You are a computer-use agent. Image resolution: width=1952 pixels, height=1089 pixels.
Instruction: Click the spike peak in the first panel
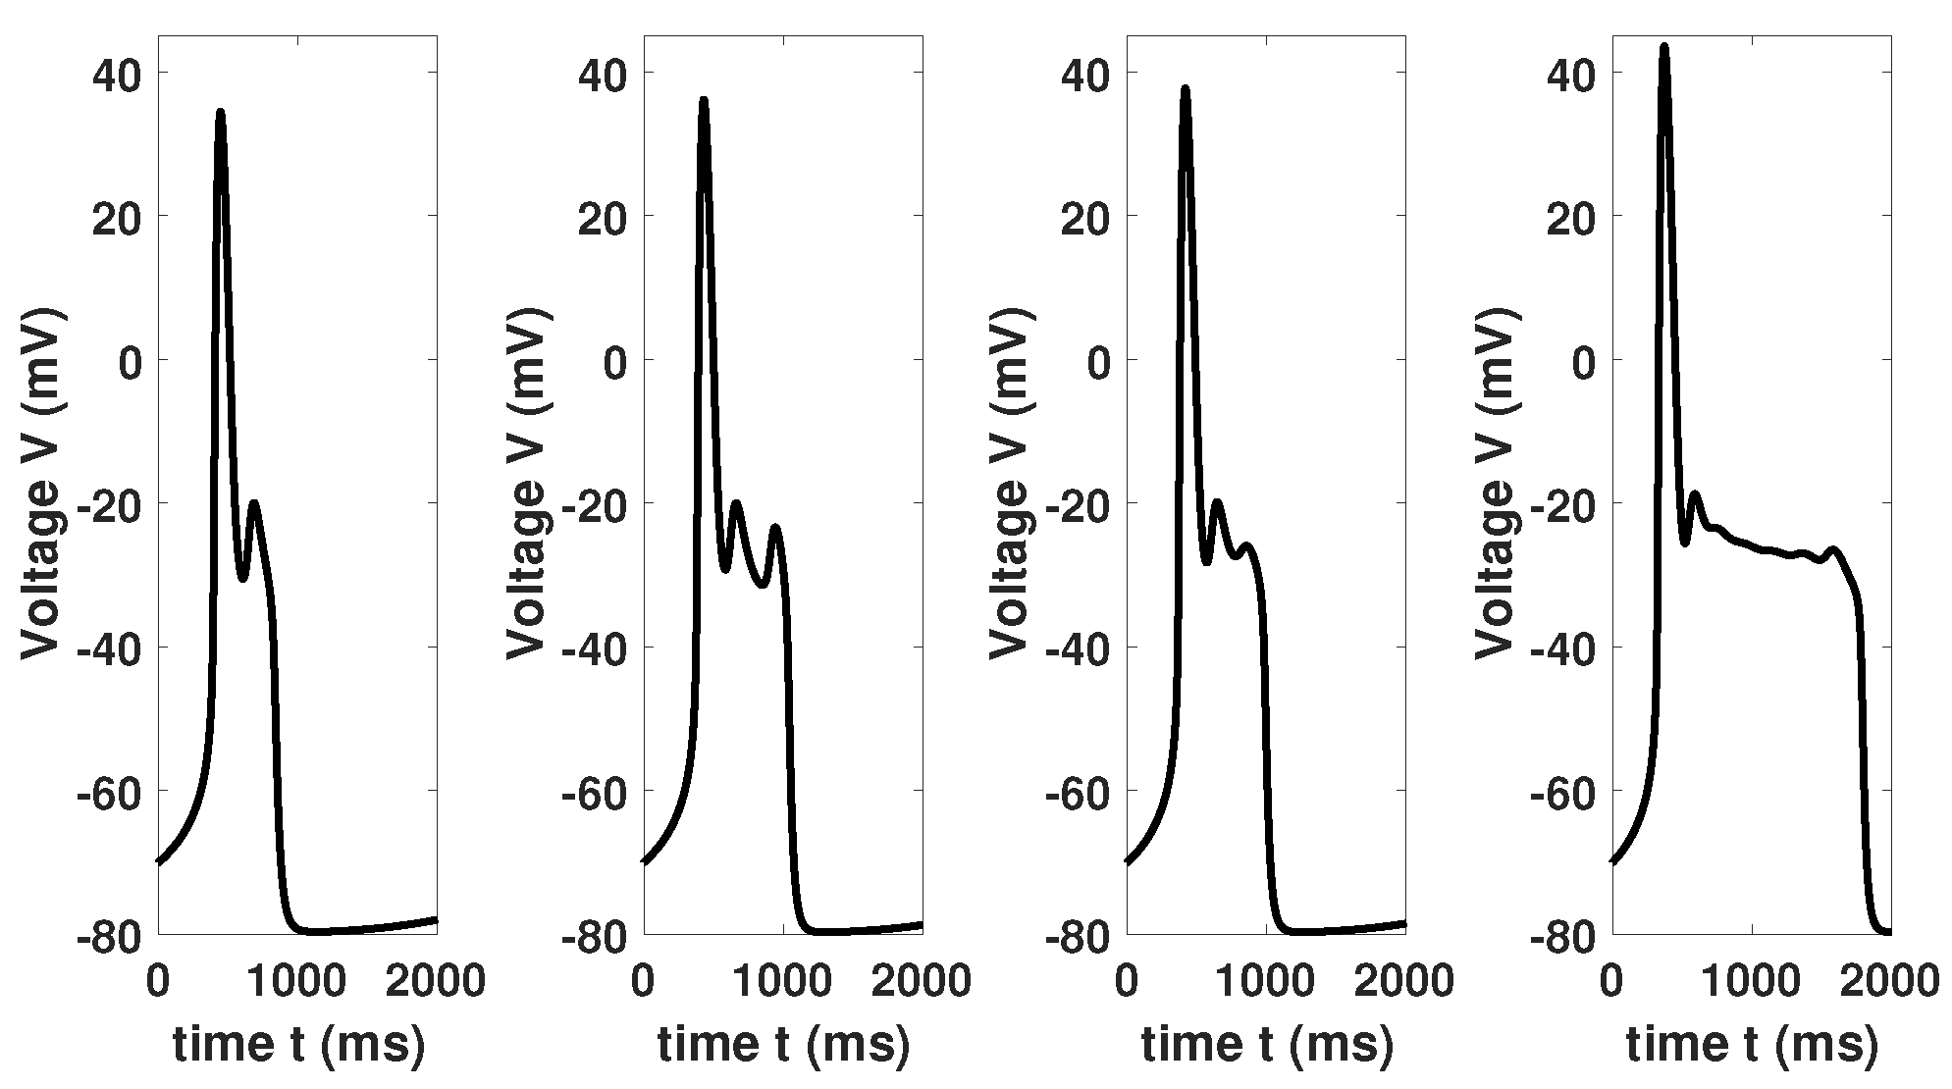point(221,112)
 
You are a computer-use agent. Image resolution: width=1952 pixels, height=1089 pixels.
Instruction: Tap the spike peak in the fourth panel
point(1664,46)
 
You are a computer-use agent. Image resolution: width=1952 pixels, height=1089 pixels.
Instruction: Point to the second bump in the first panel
point(255,503)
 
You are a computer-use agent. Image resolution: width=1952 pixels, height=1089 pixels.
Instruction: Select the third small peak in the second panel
point(775,528)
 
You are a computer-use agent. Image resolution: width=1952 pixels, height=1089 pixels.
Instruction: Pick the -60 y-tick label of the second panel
point(595,791)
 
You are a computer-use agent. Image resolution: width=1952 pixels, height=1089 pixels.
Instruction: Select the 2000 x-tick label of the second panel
point(922,980)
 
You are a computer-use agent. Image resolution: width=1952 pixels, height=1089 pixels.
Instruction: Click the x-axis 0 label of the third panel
point(1127,980)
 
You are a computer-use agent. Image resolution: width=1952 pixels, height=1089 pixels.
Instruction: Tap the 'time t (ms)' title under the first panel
point(298,1044)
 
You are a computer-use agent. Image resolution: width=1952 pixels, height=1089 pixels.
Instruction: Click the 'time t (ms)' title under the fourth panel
point(1752,1044)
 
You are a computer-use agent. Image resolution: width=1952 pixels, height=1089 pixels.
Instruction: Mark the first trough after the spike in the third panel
point(1206,562)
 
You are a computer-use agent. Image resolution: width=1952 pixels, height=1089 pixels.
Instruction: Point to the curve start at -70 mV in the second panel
point(644,861)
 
